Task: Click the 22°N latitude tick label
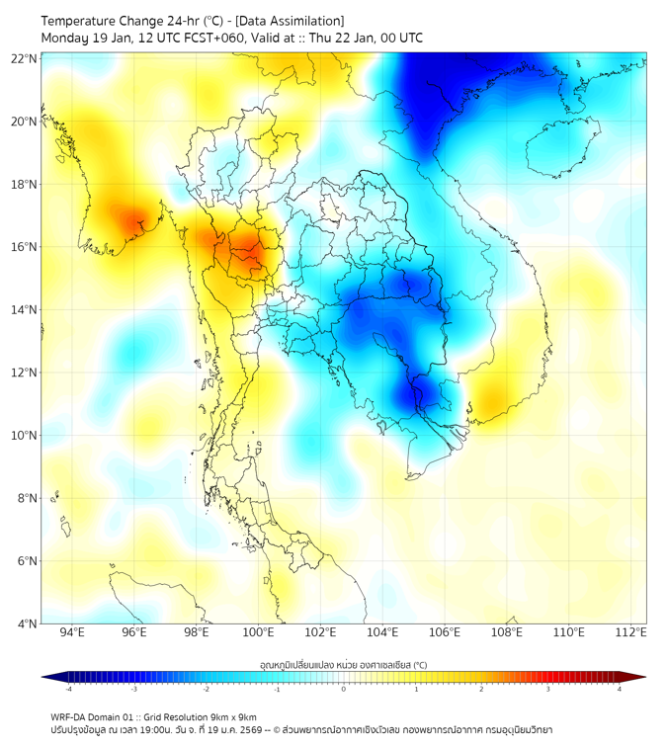pyautogui.click(x=24, y=58)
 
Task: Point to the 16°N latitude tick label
pyautogui.click(x=24, y=247)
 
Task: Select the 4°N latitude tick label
pyautogui.click(x=27, y=623)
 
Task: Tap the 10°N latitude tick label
pyautogui.click(x=24, y=436)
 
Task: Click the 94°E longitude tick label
pyautogui.click(x=72, y=632)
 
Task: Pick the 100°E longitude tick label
pyautogui.click(x=259, y=632)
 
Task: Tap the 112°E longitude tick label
pyautogui.click(x=631, y=632)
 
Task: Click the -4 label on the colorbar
pyautogui.click(x=68, y=689)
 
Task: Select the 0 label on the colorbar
pyautogui.click(x=343, y=689)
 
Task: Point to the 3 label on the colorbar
pyautogui.click(x=550, y=689)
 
